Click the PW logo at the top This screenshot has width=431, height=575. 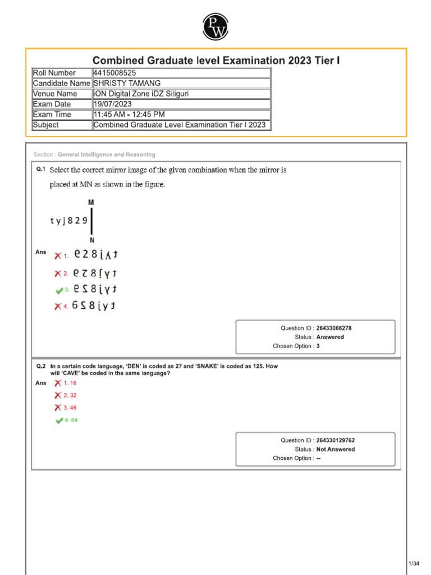pos(215,26)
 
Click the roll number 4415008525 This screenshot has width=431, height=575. pos(114,73)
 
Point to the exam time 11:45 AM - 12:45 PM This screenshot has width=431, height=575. pos(129,115)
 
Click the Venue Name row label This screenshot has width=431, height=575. pos(55,94)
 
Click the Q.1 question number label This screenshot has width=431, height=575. pos(40,169)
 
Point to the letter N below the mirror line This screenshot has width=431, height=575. pos(91,240)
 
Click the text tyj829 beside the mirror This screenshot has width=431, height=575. pos(68,221)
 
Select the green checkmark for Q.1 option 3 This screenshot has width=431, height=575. pos(59,290)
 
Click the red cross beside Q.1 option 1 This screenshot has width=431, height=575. pos(58,255)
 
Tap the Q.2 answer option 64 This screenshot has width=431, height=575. pos(71,420)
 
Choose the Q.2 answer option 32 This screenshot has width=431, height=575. pos(70,395)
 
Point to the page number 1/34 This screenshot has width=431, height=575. pos(414,563)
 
